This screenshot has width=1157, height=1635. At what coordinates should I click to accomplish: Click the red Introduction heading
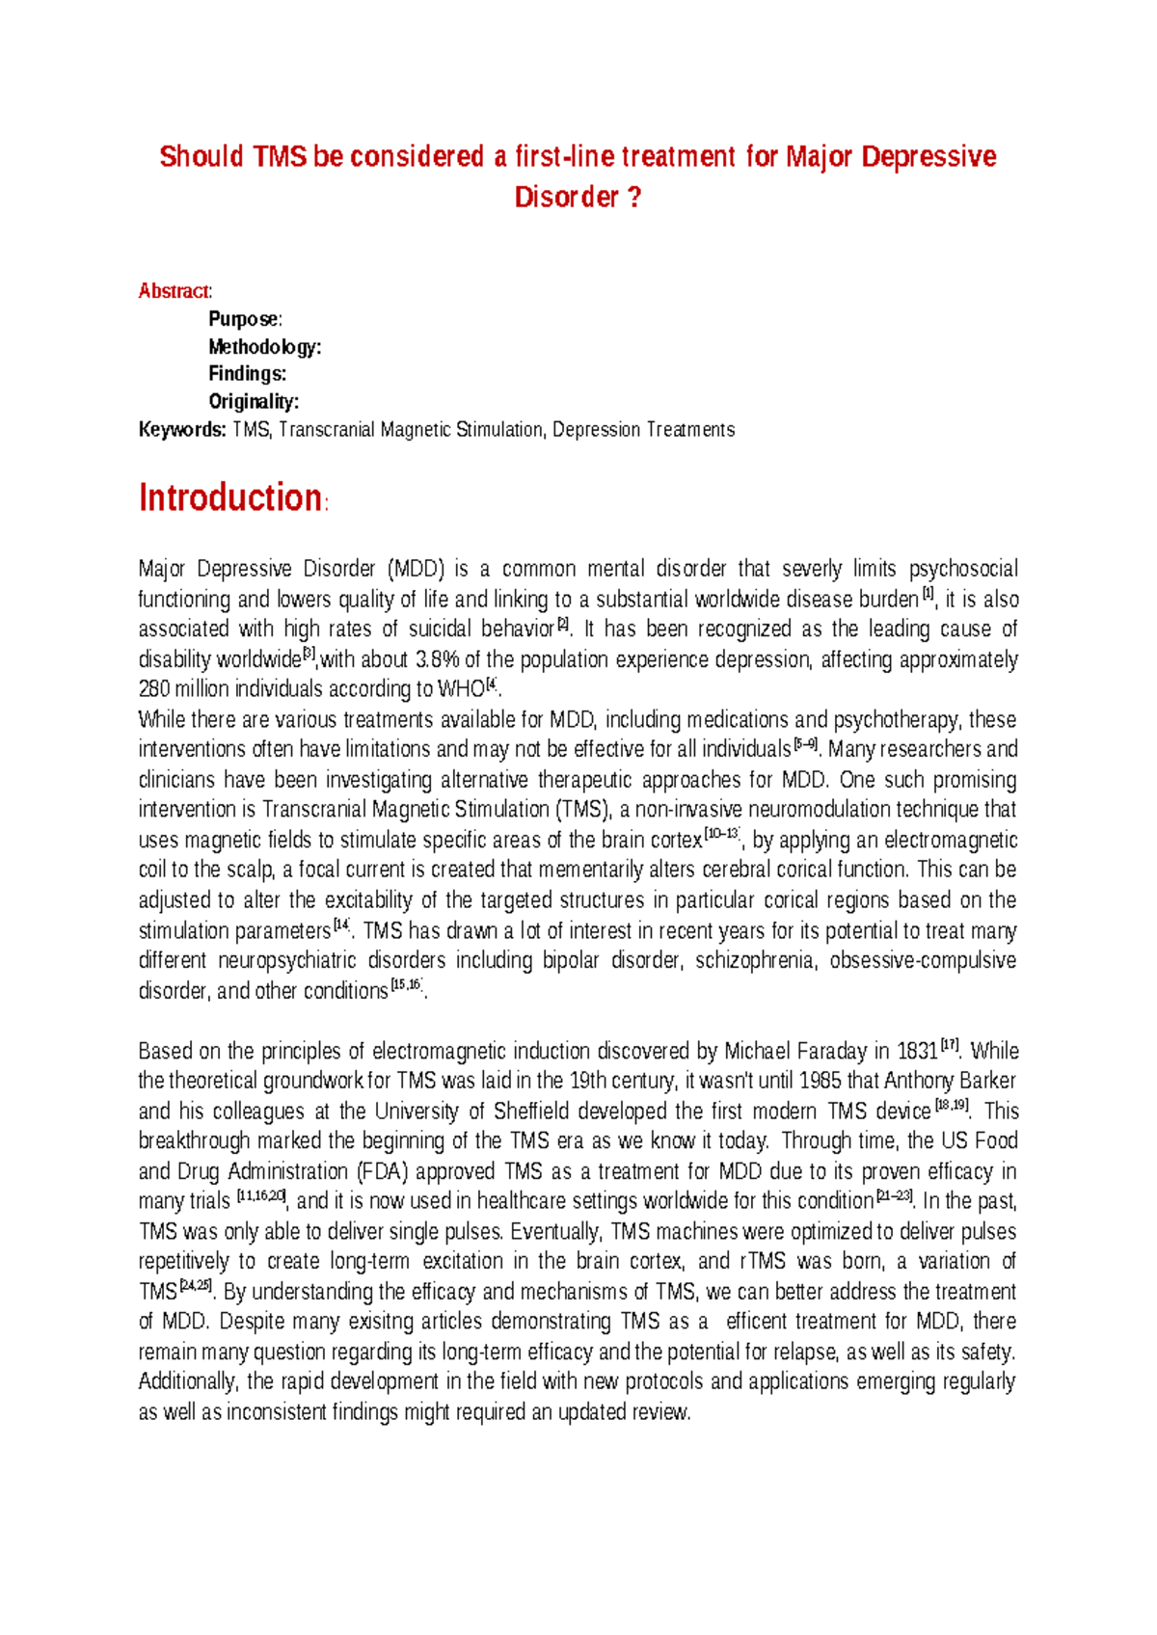click(229, 498)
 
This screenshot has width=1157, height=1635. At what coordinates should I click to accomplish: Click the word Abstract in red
click(174, 291)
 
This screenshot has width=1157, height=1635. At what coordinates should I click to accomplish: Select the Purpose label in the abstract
click(244, 319)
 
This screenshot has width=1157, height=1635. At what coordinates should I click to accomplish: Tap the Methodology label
click(264, 347)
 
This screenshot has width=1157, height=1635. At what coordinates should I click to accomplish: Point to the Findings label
click(247, 374)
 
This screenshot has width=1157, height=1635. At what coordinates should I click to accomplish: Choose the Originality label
click(253, 402)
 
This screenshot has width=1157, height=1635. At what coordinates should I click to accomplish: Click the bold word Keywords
click(182, 430)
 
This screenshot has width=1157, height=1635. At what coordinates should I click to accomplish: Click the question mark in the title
click(633, 198)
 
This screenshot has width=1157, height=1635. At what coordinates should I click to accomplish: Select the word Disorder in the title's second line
click(566, 198)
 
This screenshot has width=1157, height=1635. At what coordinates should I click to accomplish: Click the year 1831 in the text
click(917, 1052)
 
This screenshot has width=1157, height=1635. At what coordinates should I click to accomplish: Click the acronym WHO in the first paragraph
click(460, 690)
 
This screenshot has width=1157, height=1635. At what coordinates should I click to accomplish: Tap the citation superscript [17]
click(950, 1046)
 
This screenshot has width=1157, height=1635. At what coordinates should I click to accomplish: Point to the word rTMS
click(763, 1262)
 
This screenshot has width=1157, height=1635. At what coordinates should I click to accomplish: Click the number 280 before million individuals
click(154, 690)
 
